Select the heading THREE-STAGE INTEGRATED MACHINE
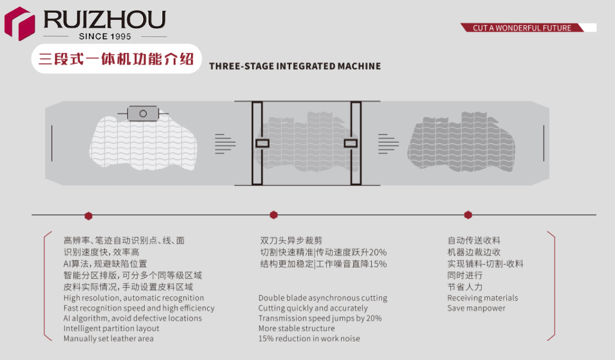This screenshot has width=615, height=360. coord(295,66)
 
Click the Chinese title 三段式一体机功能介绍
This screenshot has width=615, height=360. coord(116,59)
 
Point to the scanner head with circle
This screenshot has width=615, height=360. coord(143,113)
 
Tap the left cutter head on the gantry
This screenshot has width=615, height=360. coord(262,143)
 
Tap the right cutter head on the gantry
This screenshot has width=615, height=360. coord(351,143)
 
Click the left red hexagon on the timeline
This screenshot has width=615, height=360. coord(88,215)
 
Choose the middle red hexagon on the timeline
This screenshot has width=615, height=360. coord(274,215)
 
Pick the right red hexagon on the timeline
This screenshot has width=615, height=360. coord(468,215)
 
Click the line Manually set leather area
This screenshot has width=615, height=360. coord(109,338)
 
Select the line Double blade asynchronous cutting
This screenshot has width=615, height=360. coord(323,298)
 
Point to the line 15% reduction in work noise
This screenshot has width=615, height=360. coord(309,338)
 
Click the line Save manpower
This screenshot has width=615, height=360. coord(476,308)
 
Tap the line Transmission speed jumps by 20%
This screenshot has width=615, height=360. coord(320,319)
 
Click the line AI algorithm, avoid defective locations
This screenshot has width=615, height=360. coord(133,318)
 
